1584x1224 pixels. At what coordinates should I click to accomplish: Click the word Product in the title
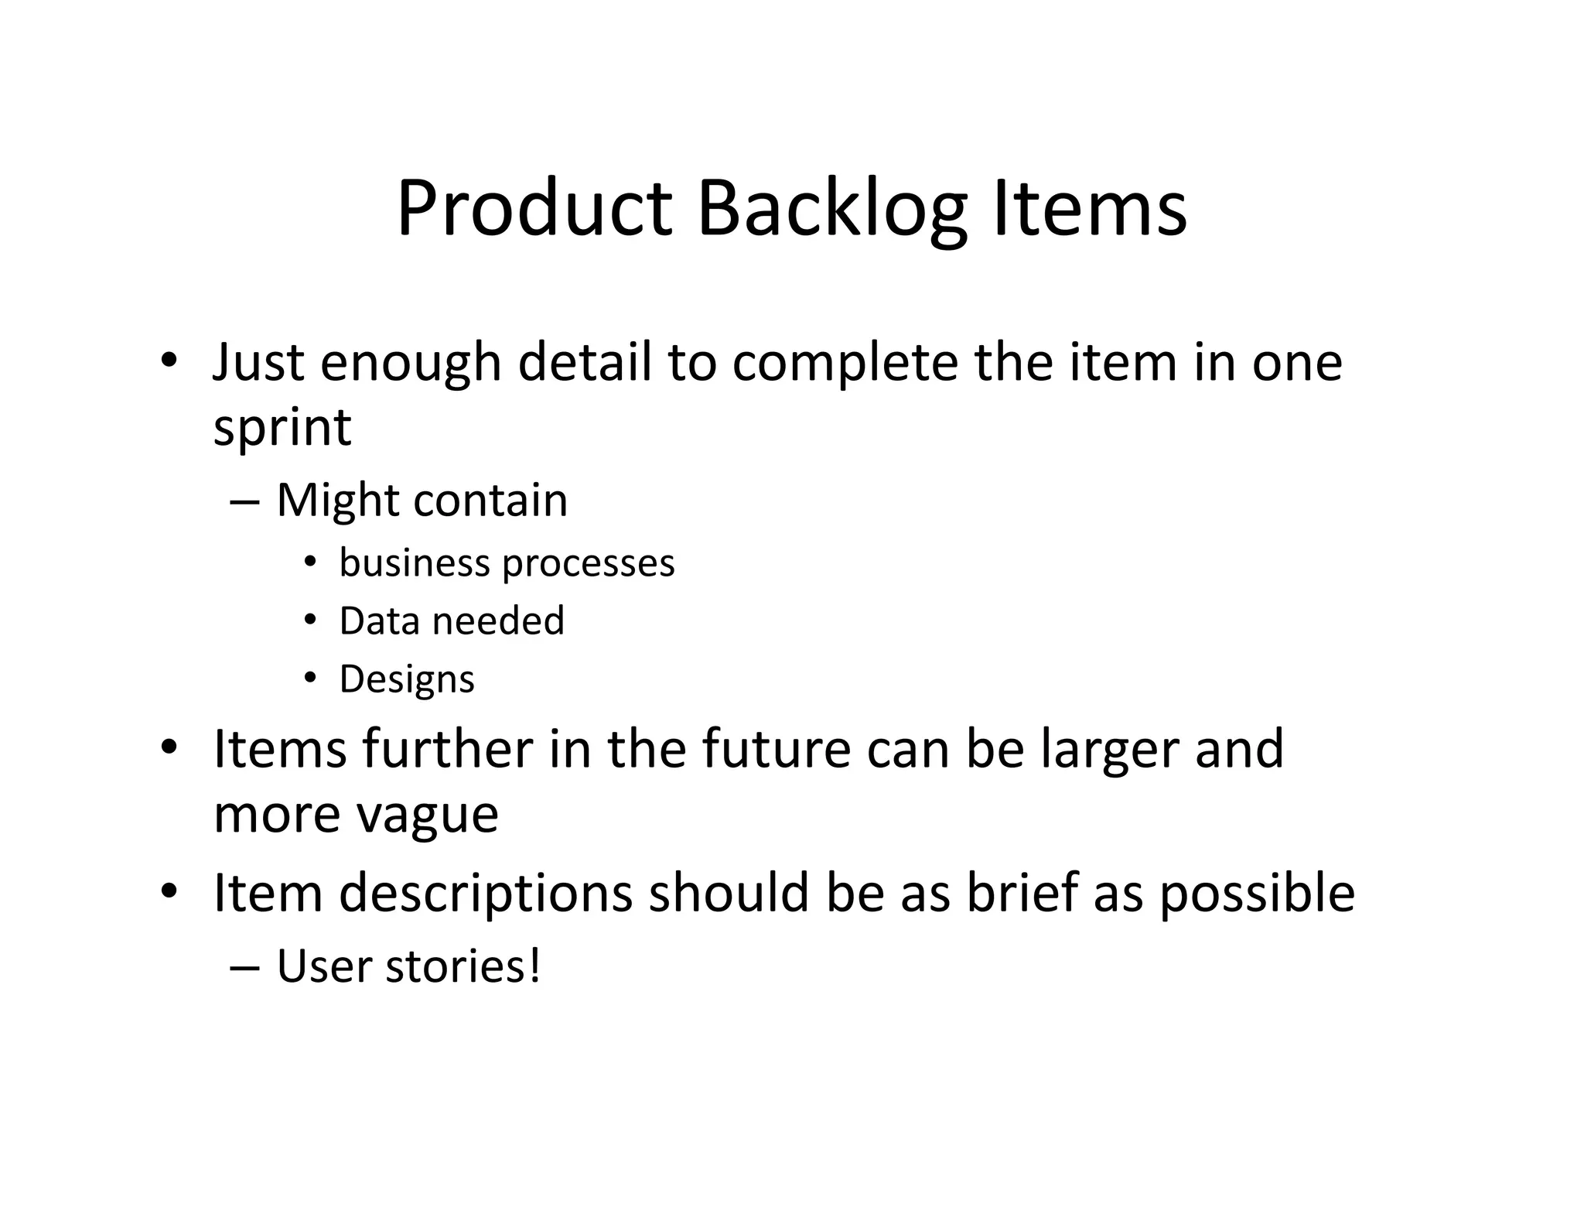point(534,209)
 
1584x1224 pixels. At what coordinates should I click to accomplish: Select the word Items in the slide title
point(1090,209)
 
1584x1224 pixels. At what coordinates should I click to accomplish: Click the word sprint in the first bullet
point(282,428)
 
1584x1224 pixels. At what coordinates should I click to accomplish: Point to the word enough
point(411,364)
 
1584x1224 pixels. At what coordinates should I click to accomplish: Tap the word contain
point(490,501)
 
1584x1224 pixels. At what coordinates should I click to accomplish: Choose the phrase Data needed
point(452,621)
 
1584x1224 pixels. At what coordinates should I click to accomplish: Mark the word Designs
point(407,680)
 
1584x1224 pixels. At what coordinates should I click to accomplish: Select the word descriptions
point(486,894)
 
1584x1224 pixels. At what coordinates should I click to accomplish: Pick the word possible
point(1257,894)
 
